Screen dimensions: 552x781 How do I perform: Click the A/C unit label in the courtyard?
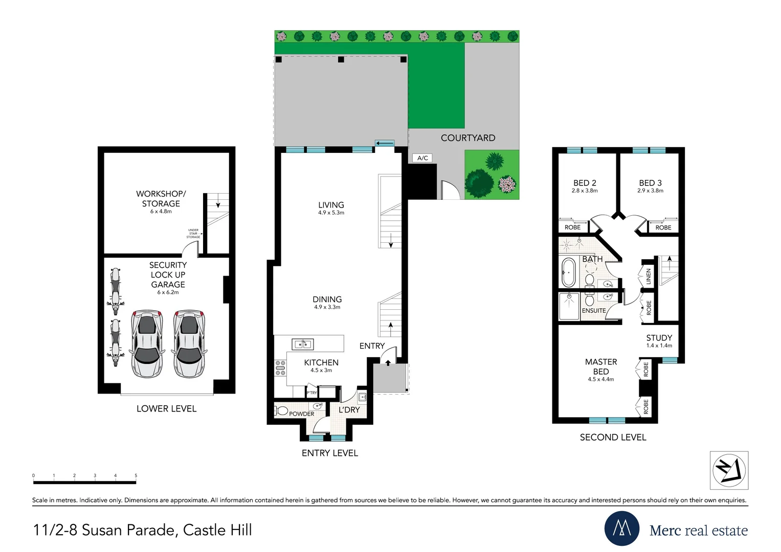click(x=422, y=158)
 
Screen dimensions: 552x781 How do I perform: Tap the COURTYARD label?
click(x=467, y=138)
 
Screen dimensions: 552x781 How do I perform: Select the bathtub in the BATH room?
click(x=568, y=272)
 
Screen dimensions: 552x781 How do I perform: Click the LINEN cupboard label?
click(x=649, y=277)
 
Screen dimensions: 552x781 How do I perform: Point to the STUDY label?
click(x=659, y=338)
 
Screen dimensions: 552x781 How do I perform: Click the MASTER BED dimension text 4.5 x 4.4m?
click(x=600, y=379)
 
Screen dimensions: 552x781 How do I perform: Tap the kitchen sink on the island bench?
click(x=302, y=344)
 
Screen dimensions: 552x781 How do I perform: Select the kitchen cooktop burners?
click(x=280, y=368)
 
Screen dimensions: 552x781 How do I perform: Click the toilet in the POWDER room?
click(x=281, y=410)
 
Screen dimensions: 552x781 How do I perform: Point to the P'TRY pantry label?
click(x=311, y=393)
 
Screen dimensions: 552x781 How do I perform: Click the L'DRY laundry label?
click(x=349, y=410)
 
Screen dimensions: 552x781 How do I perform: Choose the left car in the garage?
click(x=147, y=343)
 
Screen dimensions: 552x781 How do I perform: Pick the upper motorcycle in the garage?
click(x=116, y=287)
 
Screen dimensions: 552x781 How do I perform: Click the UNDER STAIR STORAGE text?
click(x=193, y=234)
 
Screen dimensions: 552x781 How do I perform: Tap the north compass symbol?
click(x=729, y=470)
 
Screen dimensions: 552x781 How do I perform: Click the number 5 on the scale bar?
click(x=136, y=475)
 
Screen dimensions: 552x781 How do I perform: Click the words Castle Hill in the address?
click(x=217, y=530)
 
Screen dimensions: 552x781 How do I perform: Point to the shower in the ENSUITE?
click(x=569, y=306)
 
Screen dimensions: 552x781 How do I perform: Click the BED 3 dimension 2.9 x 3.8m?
click(x=650, y=191)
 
